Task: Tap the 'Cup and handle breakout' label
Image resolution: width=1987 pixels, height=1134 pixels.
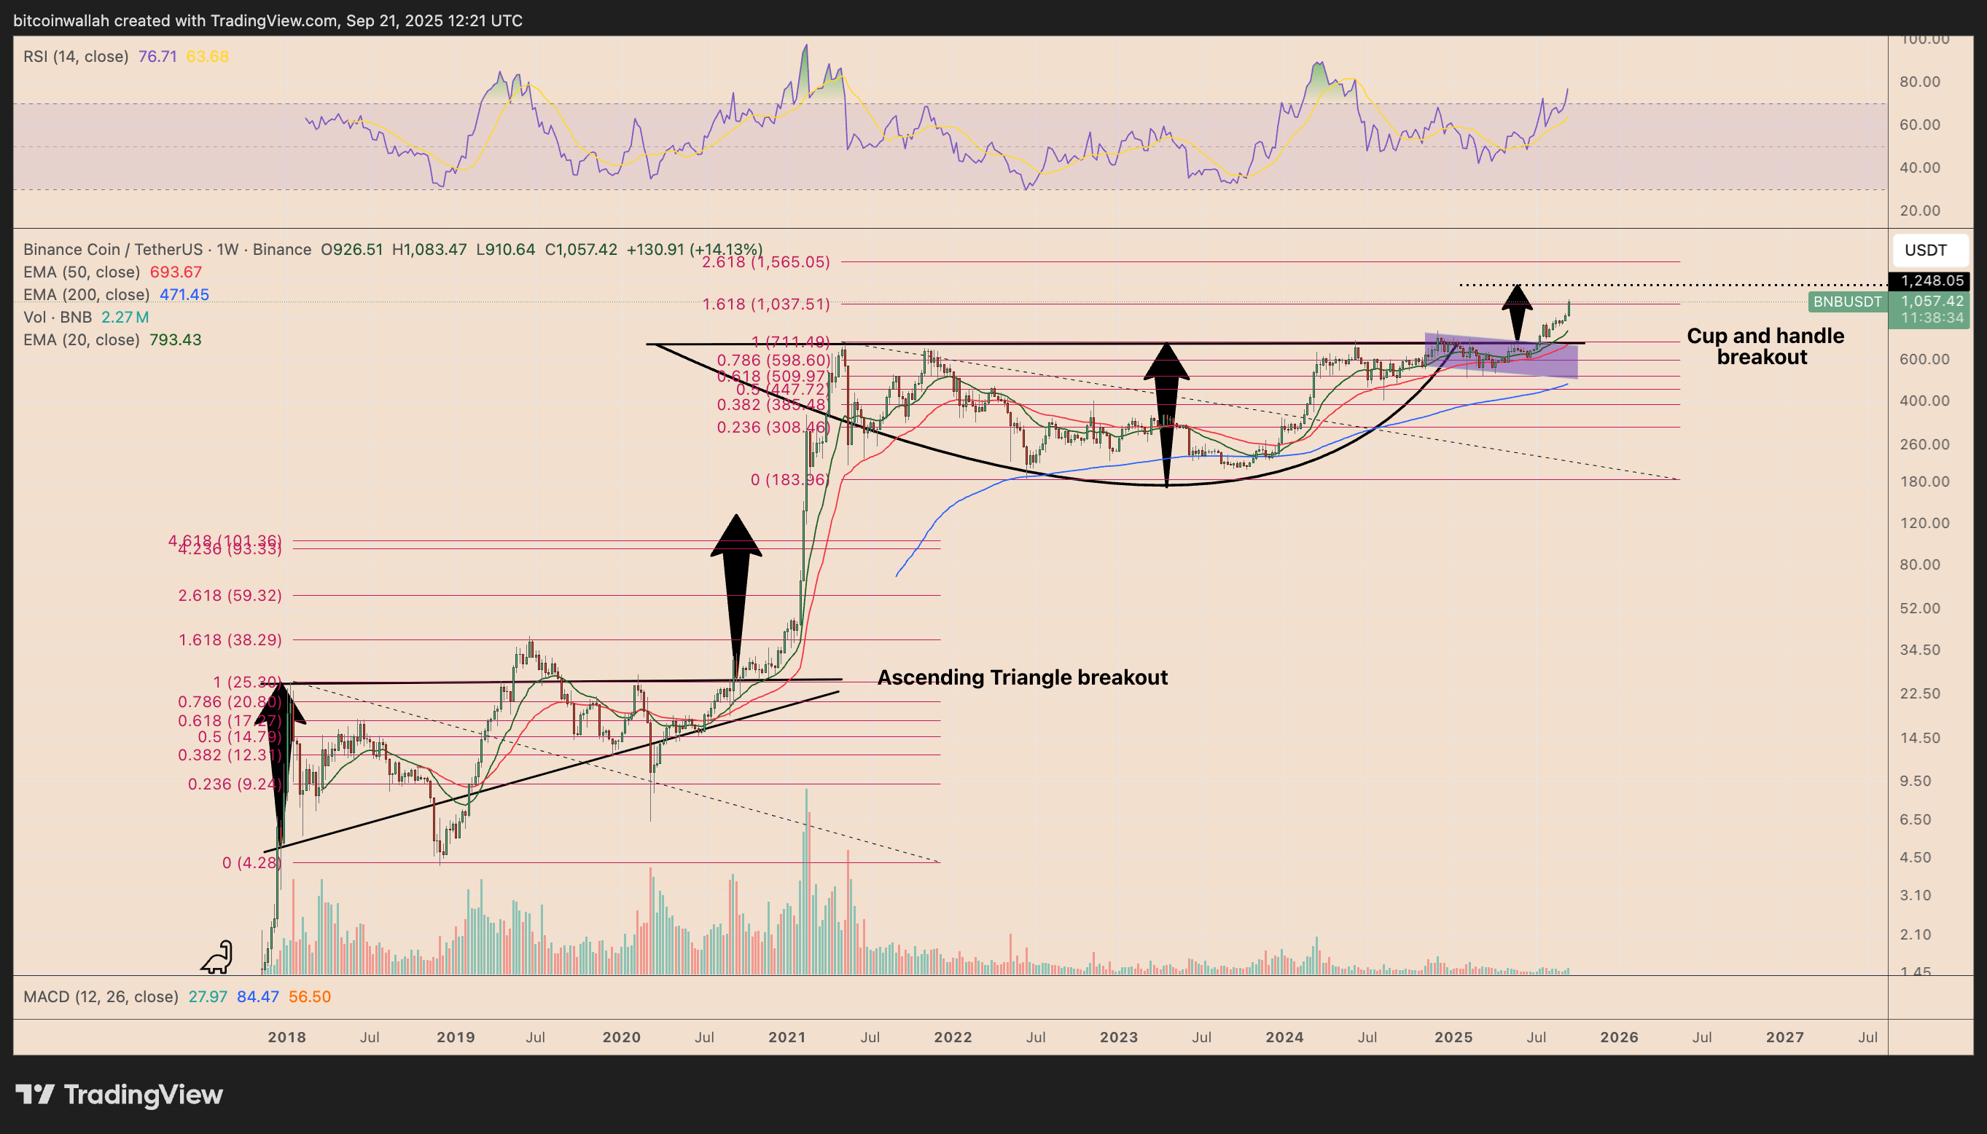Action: click(x=1764, y=346)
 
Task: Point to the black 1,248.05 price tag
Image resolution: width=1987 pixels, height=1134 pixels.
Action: click(x=1931, y=280)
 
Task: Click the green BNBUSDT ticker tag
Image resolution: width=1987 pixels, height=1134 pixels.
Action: click(x=1846, y=302)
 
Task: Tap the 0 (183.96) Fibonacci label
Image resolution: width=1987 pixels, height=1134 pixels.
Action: click(x=789, y=480)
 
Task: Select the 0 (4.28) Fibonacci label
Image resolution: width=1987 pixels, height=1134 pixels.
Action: click(x=251, y=862)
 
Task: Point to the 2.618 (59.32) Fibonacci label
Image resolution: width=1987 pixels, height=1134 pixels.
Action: click(x=230, y=595)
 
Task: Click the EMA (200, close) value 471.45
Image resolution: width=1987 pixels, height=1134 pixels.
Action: click(x=184, y=294)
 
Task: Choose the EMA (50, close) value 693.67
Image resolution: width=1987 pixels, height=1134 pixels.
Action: click(x=176, y=272)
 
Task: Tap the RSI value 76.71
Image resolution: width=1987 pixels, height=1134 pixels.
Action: click(x=157, y=56)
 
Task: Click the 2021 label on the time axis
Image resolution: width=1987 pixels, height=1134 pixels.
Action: click(x=787, y=1037)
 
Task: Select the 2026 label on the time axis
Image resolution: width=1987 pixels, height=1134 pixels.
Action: click(x=1618, y=1037)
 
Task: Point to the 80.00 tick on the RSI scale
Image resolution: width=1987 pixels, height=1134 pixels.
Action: click(x=1919, y=82)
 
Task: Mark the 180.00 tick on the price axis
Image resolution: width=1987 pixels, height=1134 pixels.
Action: click(x=1924, y=481)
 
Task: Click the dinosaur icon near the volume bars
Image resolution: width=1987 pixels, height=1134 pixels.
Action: click(x=217, y=957)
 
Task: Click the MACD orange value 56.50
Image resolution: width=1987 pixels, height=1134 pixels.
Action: click(x=309, y=997)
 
